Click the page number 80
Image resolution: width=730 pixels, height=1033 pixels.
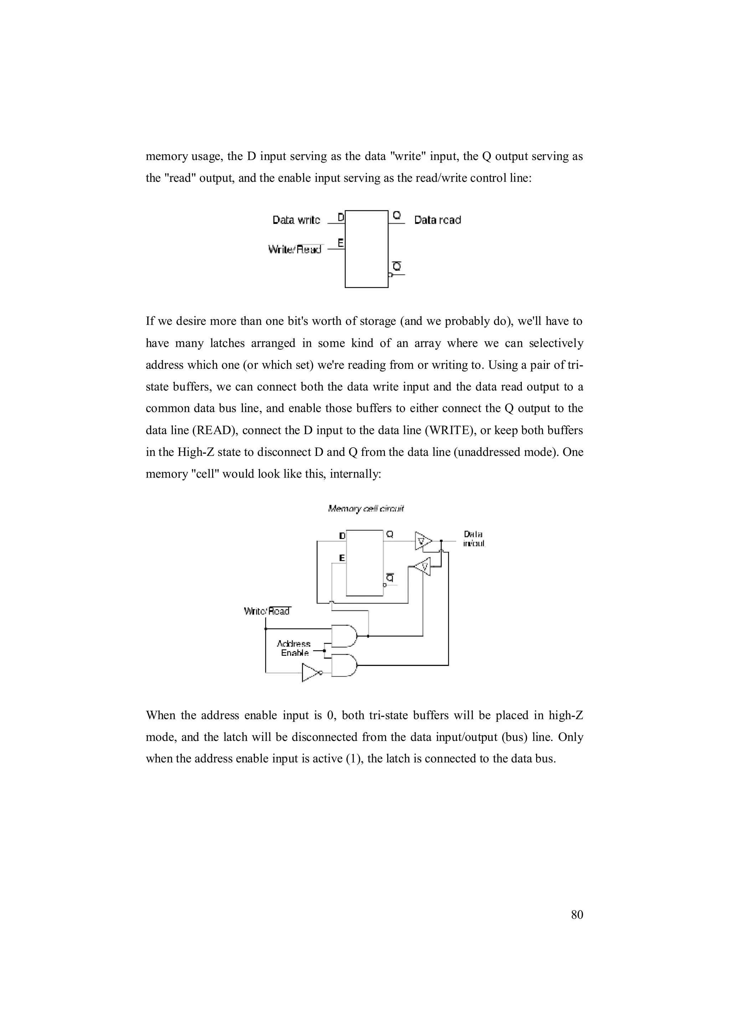pos(577,915)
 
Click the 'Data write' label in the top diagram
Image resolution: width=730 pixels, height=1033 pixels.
pos(297,220)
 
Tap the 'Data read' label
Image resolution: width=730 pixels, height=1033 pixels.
pos(437,220)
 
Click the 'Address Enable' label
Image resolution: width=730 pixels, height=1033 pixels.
pos(294,648)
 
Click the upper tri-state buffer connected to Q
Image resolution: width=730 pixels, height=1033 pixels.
pos(423,541)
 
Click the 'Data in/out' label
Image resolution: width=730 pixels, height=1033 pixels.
pos(474,539)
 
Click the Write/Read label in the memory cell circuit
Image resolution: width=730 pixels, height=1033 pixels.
pos(267,611)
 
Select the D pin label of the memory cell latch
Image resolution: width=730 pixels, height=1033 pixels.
pos(342,536)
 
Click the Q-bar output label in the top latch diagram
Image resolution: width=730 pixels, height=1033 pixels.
pos(396,266)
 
